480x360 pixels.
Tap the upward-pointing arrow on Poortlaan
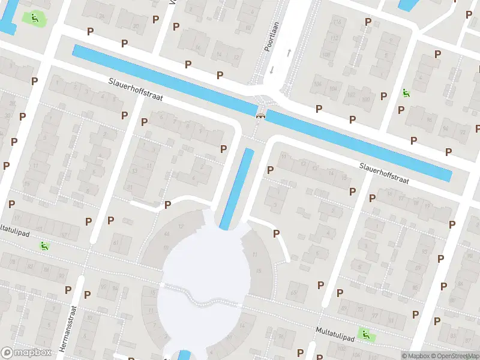[x=289, y=53]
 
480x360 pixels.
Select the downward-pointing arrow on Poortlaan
[x=272, y=70]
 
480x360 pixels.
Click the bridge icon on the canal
[x=260, y=116]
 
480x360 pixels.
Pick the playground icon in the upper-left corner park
[x=35, y=18]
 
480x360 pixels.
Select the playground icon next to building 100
[x=406, y=93]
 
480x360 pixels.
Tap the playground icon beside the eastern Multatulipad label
[x=364, y=333]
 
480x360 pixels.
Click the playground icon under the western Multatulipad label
[x=44, y=245]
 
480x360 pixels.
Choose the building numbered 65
[x=293, y=293]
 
